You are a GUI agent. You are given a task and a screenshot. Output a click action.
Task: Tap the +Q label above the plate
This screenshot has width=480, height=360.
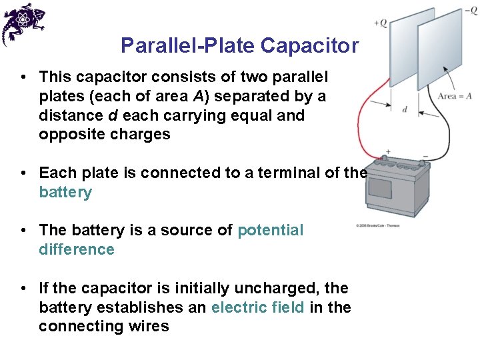380,23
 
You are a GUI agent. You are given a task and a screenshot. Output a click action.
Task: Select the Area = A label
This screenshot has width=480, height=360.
455,97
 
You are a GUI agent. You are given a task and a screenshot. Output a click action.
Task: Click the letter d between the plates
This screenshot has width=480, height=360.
405,109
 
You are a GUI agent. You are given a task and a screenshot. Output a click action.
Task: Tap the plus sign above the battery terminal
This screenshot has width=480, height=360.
388,152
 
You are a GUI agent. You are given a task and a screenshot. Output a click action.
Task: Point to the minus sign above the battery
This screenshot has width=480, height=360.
425,156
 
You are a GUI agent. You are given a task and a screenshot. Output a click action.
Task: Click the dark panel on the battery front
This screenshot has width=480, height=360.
380,188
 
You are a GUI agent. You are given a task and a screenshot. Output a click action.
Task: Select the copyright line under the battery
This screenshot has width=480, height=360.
378,226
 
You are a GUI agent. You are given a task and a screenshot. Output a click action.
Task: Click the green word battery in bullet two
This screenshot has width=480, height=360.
65,193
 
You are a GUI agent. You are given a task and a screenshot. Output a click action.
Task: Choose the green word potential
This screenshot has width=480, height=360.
270,230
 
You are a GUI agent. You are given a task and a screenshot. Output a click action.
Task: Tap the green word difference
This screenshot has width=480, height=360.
77,249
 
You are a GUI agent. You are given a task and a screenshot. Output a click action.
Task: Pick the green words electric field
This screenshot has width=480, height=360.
258,307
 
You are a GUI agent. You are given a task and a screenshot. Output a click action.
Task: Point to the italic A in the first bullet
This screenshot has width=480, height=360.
198,96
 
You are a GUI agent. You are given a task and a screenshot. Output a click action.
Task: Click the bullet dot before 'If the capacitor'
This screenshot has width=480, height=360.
23,289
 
